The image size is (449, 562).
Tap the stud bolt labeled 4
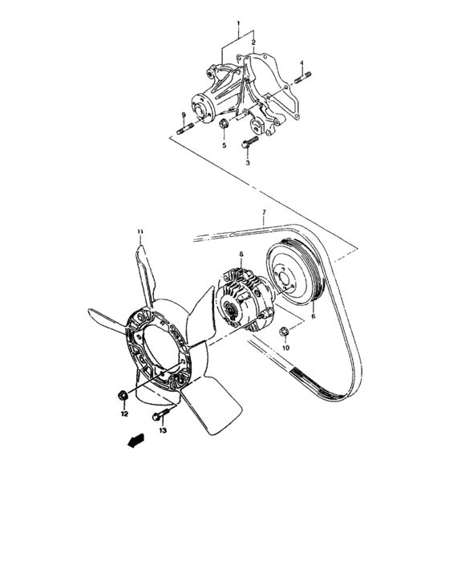pyautogui.click(x=303, y=77)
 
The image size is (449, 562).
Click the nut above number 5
pyautogui.click(x=224, y=125)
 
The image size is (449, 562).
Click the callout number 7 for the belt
pyautogui.click(x=263, y=214)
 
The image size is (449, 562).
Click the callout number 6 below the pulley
pyautogui.click(x=313, y=305)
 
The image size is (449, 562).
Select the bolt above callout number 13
pyautogui.click(x=159, y=416)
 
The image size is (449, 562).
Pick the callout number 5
pyautogui.click(x=224, y=145)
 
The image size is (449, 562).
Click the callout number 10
pyautogui.click(x=285, y=348)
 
